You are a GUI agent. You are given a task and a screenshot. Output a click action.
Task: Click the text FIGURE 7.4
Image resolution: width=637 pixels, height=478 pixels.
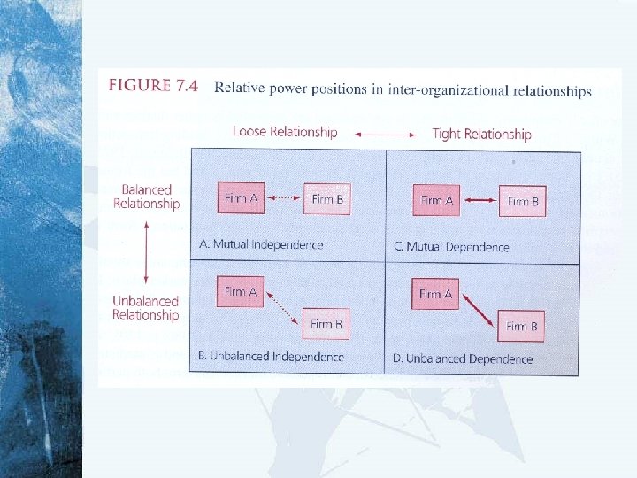point(153,87)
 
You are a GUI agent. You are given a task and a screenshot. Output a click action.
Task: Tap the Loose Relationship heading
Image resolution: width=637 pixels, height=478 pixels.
point(285,132)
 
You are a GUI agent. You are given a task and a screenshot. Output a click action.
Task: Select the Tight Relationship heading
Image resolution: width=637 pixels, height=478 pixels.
point(481,135)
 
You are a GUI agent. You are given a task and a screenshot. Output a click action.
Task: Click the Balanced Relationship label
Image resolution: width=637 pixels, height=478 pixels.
point(146,197)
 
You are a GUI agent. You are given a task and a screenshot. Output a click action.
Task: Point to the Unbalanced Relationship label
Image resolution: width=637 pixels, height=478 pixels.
point(145,308)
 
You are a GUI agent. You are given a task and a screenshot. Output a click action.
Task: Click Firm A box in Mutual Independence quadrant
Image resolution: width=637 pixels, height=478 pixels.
point(242,198)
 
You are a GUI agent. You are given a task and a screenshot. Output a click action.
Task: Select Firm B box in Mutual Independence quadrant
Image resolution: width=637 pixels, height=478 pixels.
point(327,199)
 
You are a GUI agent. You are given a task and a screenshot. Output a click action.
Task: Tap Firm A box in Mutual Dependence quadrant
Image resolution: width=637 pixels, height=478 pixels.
point(436,200)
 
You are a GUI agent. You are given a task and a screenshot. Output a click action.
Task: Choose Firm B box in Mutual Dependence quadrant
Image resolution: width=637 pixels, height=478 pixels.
point(523,202)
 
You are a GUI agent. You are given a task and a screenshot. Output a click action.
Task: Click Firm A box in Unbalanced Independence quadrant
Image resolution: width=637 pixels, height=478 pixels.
point(241,291)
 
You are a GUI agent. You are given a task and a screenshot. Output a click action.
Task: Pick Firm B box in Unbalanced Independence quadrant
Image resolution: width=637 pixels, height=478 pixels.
point(326,324)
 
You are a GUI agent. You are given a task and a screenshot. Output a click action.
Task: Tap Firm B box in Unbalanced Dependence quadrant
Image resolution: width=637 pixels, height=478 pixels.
point(522,327)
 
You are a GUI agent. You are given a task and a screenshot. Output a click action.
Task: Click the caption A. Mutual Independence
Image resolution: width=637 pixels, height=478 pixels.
point(261,244)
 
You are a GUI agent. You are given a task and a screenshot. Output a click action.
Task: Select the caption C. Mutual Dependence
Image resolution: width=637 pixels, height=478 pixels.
point(451,246)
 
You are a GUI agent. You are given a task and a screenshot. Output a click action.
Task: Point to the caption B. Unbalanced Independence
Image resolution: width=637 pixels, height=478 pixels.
point(271,356)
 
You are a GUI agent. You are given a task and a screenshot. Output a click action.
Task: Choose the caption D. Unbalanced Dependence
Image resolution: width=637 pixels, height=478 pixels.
point(462,358)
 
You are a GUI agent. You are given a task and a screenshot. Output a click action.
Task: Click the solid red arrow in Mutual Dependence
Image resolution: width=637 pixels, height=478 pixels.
point(479,201)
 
